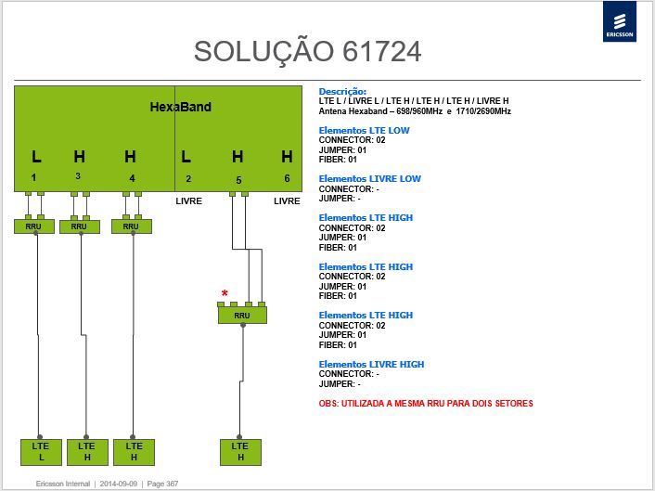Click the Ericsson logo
pos(620,21)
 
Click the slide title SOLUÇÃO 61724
pos(307,52)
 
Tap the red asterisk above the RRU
pos(225,293)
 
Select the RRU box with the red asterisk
pos(242,315)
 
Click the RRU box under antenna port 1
pos(33,226)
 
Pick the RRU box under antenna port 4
pos(131,226)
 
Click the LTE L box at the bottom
pos(41,452)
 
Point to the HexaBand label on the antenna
pos(181,107)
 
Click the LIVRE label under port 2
pos(189,201)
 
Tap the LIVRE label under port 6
pos(287,201)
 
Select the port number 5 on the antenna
pos(238,180)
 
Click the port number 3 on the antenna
pos(78,176)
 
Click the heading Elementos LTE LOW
pos(364,130)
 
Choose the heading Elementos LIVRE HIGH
pos(371,365)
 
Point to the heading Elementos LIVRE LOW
pos(369,179)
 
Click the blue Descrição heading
pos(342,92)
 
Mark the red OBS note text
pos(426,404)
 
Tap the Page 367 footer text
pos(162,484)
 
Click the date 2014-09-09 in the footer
pos(118,484)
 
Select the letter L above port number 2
pos(186,157)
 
